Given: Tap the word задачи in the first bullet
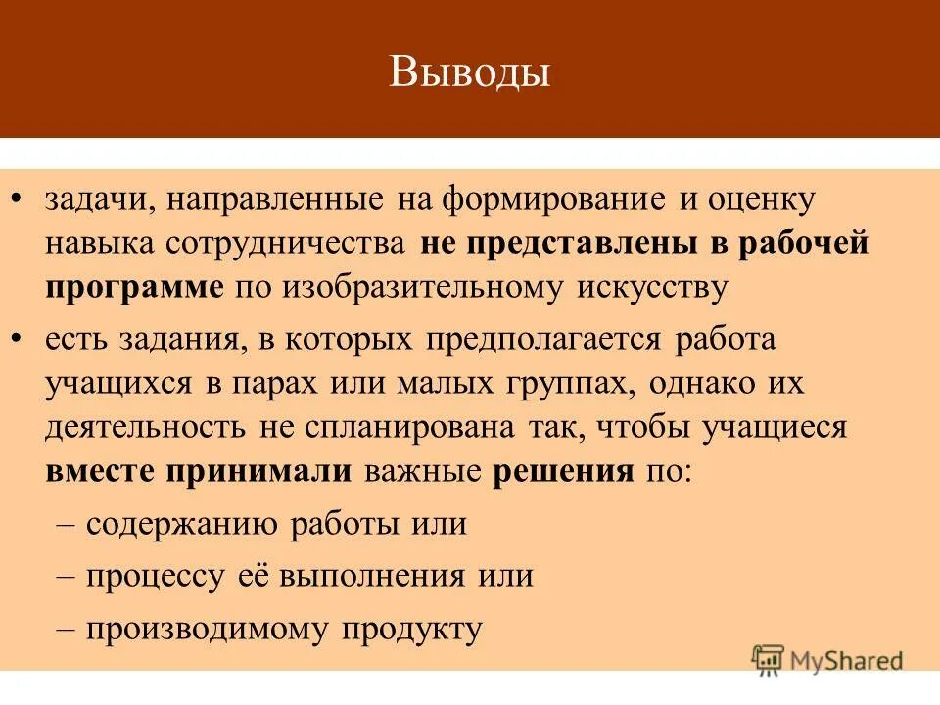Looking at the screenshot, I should point(94,201).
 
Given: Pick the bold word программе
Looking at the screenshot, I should point(132,288).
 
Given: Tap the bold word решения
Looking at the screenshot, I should point(563,470).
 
